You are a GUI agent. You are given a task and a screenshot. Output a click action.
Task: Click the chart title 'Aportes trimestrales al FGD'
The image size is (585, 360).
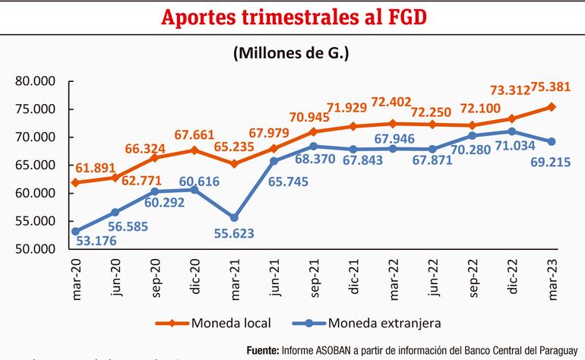(292, 17)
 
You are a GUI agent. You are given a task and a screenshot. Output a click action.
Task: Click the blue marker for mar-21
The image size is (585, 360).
(234, 218)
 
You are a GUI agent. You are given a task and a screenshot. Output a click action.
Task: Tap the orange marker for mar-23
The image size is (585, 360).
(552, 107)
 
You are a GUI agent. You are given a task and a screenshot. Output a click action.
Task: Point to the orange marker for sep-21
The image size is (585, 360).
(313, 131)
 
